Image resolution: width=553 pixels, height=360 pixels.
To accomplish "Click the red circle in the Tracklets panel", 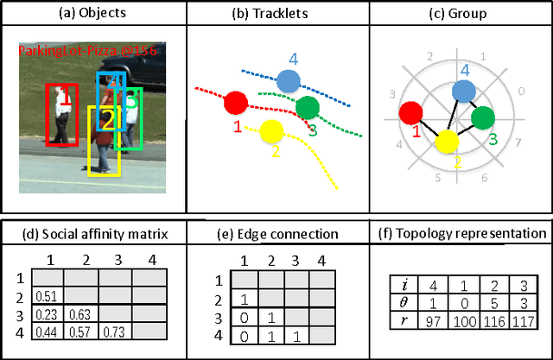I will pos(234,103).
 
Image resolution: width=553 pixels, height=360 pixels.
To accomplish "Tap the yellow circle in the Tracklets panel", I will pos(271,131).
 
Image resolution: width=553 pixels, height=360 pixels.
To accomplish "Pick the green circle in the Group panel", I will pos(483,118).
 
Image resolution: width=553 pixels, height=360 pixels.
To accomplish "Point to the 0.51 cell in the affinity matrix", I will pos(48,297).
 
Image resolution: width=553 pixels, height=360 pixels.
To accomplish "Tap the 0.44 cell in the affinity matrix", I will pos(48,332).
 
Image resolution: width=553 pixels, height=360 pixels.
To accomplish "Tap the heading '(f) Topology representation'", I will pos(461,233).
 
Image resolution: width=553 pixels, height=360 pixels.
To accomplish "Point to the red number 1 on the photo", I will pos(64,100).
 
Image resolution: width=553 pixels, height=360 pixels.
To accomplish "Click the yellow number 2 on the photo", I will pos(107,121).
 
